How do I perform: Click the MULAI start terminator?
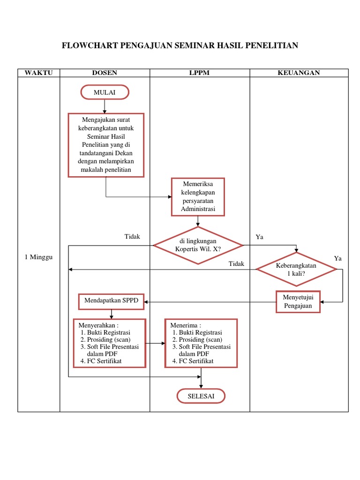[x=105, y=92]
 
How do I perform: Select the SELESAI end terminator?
[x=201, y=396]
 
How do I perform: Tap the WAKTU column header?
[x=38, y=73]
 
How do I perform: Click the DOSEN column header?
[x=105, y=73]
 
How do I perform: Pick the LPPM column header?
[x=199, y=73]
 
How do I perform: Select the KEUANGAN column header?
[x=299, y=73]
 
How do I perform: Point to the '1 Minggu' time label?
[x=38, y=258]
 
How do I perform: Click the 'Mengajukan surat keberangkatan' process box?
[x=106, y=145]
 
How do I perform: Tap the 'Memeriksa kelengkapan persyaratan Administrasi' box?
[x=198, y=197]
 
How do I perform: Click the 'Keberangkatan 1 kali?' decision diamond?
[x=296, y=269]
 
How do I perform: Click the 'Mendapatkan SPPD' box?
[x=112, y=301]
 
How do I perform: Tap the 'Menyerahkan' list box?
[x=110, y=343]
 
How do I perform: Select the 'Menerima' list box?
[x=201, y=343]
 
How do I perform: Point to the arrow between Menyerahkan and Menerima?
[x=155, y=343]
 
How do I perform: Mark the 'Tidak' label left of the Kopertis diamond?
[x=132, y=237]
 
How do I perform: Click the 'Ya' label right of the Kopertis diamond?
[x=259, y=237]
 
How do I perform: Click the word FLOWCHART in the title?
[x=90, y=45]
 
